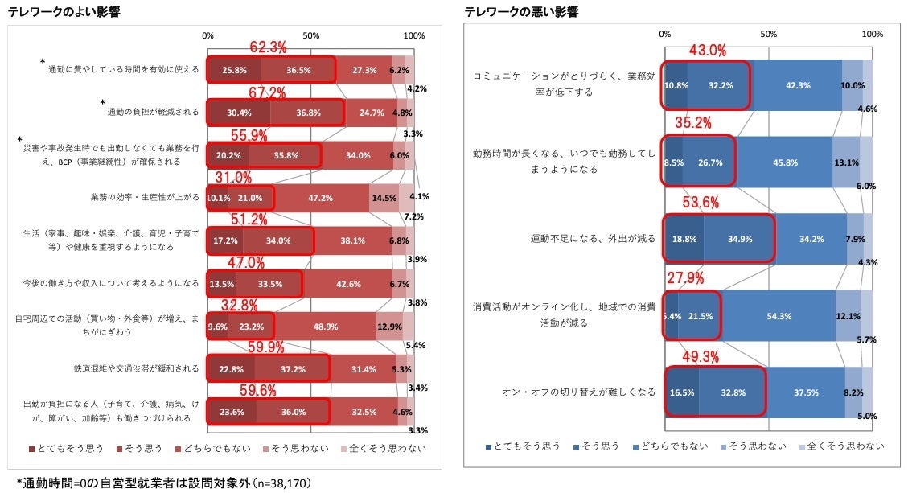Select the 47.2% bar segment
point(322,198)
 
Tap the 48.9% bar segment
point(325,326)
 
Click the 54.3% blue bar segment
point(779,316)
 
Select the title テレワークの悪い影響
point(520,12)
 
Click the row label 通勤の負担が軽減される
point(153,113)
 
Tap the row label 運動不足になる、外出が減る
point(593,239)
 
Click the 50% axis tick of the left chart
point(310,36)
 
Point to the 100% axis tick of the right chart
point(872,34)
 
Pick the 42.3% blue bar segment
point(797,86)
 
